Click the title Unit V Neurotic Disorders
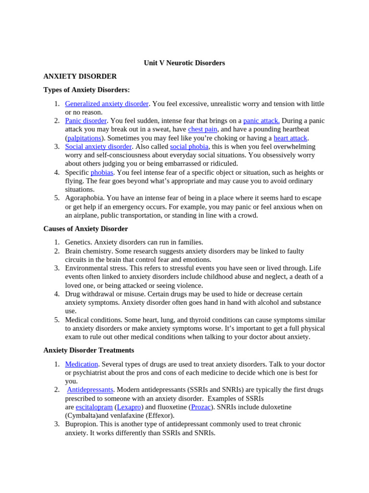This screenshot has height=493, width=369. pyautogui.click(x=184, y=63)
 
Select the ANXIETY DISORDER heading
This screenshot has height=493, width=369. pyautogui.click(x=80, y=77)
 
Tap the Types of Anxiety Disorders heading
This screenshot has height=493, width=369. pyautogui.click(x=86, y=90)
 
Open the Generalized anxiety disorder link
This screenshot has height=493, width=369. pyautogui.click(x=107, y=104)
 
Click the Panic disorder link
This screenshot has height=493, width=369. pyautogui.click(x=86, y=121)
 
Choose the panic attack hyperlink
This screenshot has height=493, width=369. pyautogui.click(x=261, y=121)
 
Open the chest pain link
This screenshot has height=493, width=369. pyautogui.click(x=202, y=130)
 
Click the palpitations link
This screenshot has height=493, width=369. pyautogui.click(x=84, y=138)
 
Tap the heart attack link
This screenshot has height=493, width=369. pyautogui.click(x=290, y=138)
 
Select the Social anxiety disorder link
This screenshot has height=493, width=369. pyautogui.click(x=98, y=147)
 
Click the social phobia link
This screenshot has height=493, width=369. pyautogui.click(x=189, y=147)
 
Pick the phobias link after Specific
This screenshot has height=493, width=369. pyautogui.click(x=102, y=172)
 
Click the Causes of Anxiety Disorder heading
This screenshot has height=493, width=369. pyautogui.click(x=86, y=229)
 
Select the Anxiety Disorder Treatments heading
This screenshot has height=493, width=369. pyautogui.click(x=88, y=350)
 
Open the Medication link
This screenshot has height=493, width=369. pyautogui.click(x=81, y=364)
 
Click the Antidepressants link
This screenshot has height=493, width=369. pyautogui.click(x=90, y=390)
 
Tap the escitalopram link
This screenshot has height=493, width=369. pyautogui.click(x=94, y=407)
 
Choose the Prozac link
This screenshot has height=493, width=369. pyautogui.click(x=200, y=407)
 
